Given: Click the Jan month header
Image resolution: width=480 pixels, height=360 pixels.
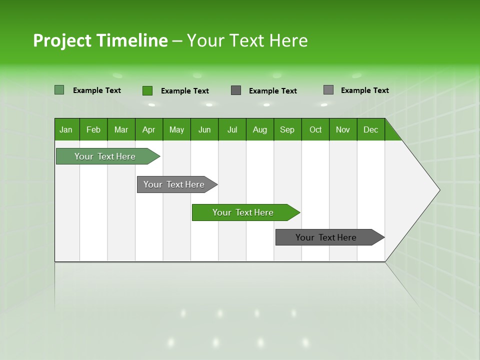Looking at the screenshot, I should pos(66,129).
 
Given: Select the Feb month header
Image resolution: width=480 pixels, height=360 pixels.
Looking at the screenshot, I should pos(93,129).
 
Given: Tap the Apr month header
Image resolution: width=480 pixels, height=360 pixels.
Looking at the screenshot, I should pos(149,129).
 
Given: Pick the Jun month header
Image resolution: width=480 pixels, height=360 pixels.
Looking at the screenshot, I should pos(204,129).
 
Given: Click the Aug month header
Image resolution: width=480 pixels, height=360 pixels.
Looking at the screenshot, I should pos(260,129).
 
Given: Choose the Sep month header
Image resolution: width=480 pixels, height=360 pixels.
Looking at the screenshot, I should pos(287,129).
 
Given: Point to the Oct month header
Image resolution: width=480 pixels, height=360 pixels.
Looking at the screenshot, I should pos(315,129).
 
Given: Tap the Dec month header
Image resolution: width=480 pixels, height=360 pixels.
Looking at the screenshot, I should pos(371,129).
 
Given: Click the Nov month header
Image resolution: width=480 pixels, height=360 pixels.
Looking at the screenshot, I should pos(343,129).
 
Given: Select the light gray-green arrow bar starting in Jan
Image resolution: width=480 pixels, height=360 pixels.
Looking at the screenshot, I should pos(105,156).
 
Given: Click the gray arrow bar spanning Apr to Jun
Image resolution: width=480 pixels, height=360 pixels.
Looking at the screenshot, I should pos(174,184).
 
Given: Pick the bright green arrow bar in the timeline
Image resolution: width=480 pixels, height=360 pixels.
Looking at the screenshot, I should pos(243,212).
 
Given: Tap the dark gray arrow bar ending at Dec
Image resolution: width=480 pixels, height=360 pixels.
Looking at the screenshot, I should pos(326,237).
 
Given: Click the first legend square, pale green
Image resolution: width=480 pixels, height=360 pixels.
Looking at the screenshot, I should pos(59,90).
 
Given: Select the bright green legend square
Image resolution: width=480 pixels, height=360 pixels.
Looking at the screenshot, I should pos(147,90).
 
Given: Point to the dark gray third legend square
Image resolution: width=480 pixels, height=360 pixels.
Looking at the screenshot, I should pos(236,90).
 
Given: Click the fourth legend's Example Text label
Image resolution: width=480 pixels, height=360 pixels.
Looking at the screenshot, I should pos(364,90).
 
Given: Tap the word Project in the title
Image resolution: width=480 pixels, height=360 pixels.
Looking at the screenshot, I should pos(62,40).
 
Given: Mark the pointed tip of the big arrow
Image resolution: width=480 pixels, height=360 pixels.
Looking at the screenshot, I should pos(439,190).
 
